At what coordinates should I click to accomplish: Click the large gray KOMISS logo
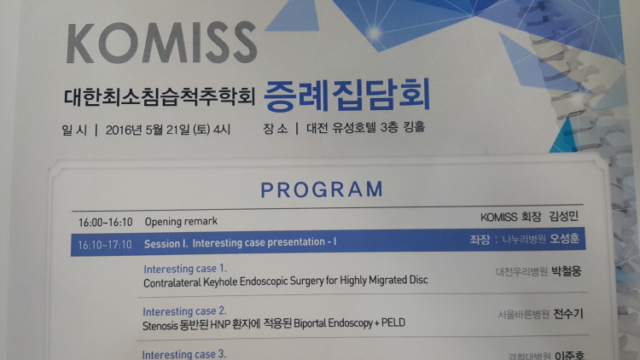pyautogui.click(x=161, y=42)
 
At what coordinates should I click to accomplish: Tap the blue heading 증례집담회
pyautogui.click(x=347, y=95)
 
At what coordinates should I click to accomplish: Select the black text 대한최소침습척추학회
pyautogui.click(x=160, y=97)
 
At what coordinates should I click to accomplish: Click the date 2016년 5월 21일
pyautogui.click(x=148, y=131)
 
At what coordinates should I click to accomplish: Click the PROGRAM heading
pyautogui.click(x=322, y=189)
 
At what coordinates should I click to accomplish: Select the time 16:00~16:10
pyautogui.click(x=105, y=223)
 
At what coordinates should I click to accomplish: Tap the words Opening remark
pyautogui.click(x=181, y=221)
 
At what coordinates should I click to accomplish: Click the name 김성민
pyautogui.click(x=564, y=216)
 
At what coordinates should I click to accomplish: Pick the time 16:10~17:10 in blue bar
pyautogui.click(x=105, y=245)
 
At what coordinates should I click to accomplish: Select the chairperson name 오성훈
pyautogui.click(x=565, y=239)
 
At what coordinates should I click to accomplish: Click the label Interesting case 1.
pyautogui.click(x=185, y=269)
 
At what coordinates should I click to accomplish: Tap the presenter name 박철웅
pyautogui.click(x=566, y=271)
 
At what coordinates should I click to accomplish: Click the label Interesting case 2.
pyautogui.click(x=184, y=311)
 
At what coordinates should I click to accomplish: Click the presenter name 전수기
pyautogui.click(x=567, y=314)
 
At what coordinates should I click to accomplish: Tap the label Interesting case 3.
pyautogui.click(x=183, y=354)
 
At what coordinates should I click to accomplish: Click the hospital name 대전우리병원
pyautogui.click(x=521, y=272)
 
